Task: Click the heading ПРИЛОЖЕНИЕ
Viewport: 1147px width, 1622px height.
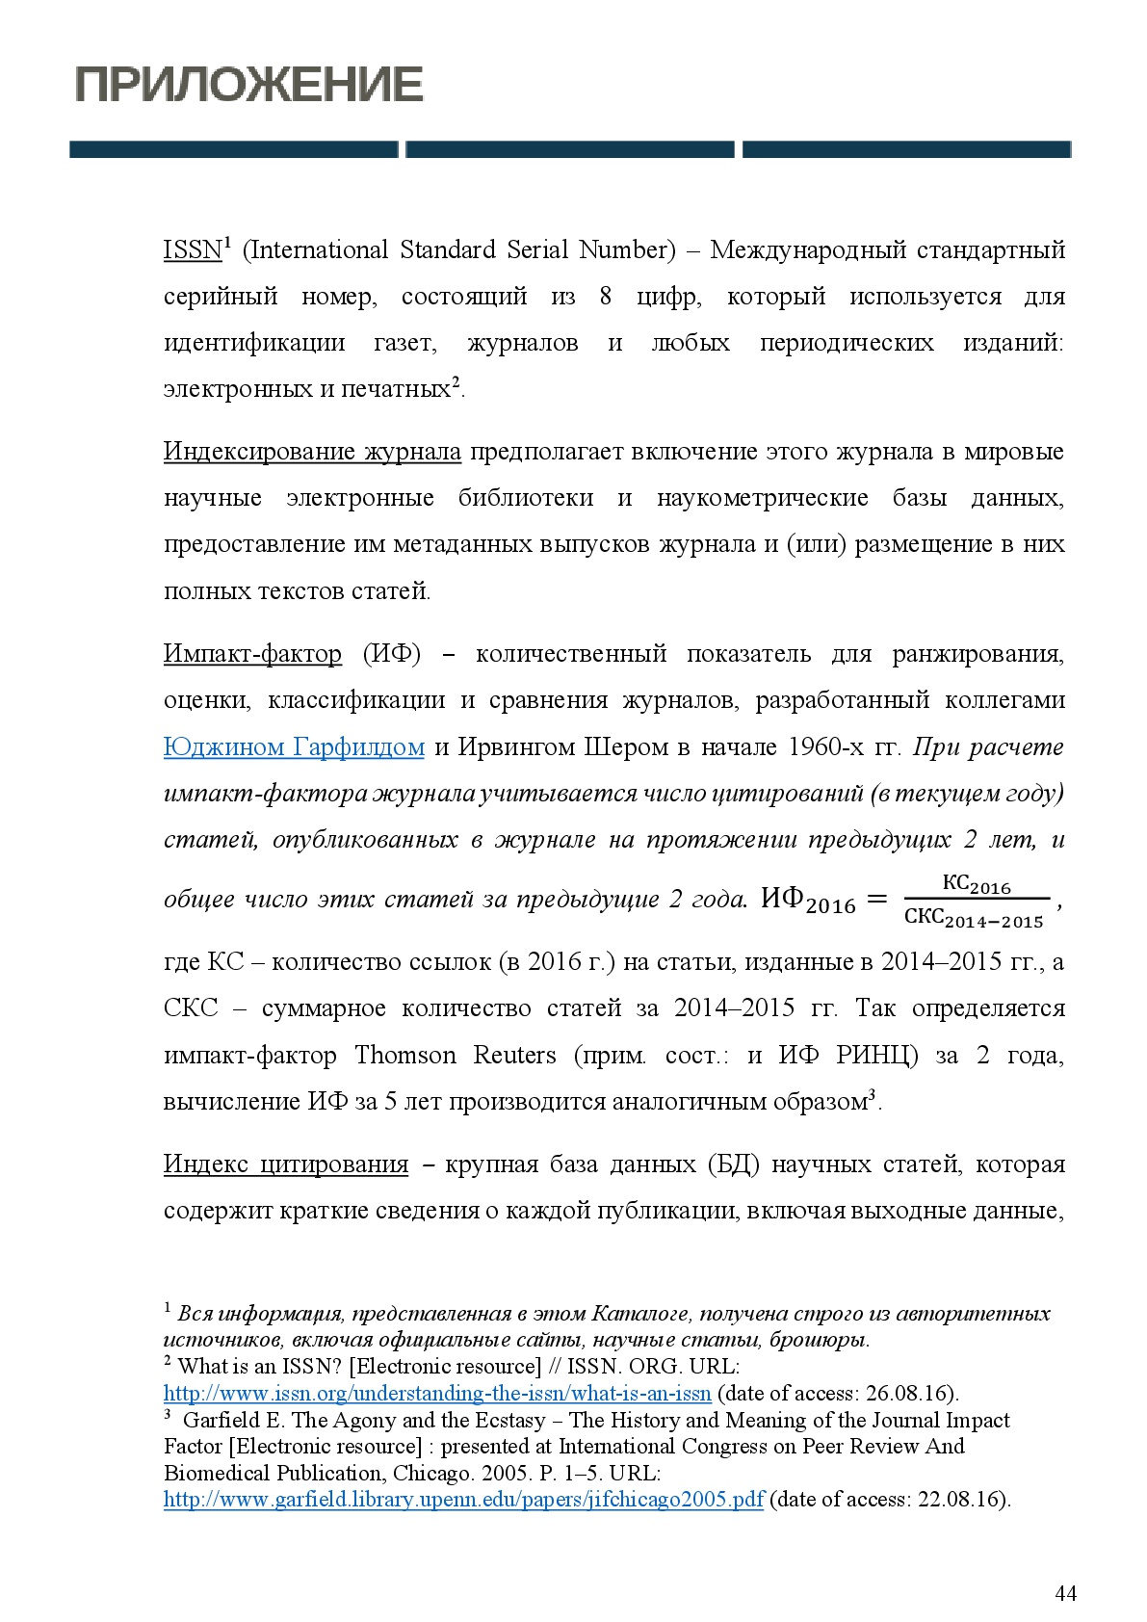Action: click(248, 85)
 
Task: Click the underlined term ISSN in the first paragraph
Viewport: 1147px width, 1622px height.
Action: click(193, 250)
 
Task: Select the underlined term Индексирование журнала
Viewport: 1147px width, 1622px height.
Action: click(312, 452)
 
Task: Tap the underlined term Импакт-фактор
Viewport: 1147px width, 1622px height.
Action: click(252, 654)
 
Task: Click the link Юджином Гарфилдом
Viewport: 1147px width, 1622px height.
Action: click(294, 747)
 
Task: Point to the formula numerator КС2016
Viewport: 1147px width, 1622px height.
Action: click(976, 885)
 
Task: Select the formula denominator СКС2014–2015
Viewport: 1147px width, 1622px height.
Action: click(974, 918)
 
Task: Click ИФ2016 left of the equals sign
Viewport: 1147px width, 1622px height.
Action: click(807, 901)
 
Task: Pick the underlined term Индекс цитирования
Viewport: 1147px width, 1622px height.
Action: click(286, 1164)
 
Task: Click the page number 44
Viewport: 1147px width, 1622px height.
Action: click(1065, 1593)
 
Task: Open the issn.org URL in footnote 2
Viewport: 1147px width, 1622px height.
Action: click(437, 1394)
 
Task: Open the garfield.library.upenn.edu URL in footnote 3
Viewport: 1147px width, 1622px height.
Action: click(463, 1500)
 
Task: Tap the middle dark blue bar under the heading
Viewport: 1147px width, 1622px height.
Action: click(570, 149)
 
